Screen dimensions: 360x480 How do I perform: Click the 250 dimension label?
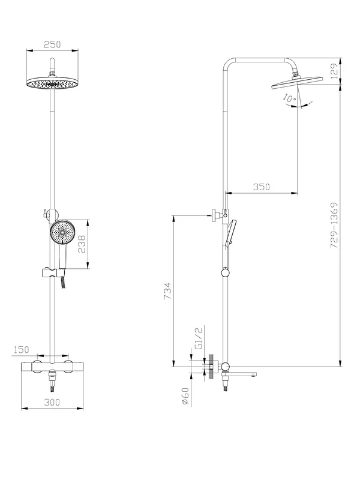coord(52,44)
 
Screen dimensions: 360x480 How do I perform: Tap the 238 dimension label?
coord(82,244)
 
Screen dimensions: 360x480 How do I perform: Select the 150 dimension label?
coord(21,349)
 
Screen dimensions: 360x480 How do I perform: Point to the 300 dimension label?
coord(52,402)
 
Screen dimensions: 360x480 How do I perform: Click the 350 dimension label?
coord(262,187)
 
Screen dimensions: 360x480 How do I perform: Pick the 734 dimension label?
coord(168,291)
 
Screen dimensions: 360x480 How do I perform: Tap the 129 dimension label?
coord(334,71)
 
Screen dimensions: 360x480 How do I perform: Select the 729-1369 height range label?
coord(334,226)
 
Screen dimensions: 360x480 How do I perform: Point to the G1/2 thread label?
coord(199,338)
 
